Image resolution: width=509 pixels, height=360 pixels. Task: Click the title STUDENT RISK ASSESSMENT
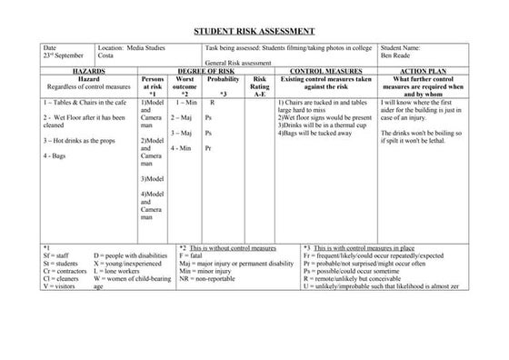254,30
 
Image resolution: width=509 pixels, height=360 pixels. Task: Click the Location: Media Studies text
128,46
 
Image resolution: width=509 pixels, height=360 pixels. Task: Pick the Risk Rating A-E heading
259,85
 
